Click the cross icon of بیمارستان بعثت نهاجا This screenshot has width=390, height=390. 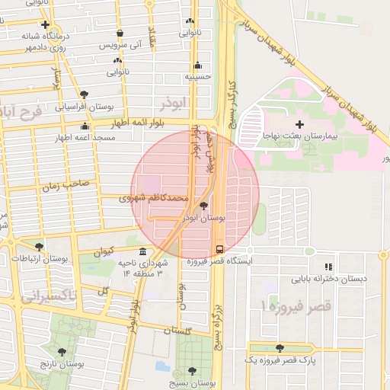pyautogui.click(x=299, y=123)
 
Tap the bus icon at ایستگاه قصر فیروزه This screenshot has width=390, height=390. pyautogui.click(x=220, y=248)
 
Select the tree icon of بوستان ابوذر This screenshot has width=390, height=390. pyautogui.click(x=203, y=206)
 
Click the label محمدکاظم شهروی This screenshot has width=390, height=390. pyautogui.click(x=154, y=197)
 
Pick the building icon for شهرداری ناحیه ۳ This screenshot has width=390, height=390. pyautogui.click(x=142, y=251)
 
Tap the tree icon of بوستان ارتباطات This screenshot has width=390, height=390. pyautogui.click(x=39, y=246)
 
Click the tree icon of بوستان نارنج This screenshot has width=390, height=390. pyautogui.click(x=62, y=351)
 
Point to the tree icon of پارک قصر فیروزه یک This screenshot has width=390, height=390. pyautogui.click(x=280, y=347)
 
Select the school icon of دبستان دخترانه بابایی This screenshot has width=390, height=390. pyautogui.click(x=328, y=267)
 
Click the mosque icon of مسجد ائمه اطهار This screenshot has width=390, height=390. pyautogui.click(x=85, y=126)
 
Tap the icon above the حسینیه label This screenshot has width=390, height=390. pyautogui.click(x=198, y=65)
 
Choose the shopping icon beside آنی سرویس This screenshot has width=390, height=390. pyautogui.click(x=120, y=34)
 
